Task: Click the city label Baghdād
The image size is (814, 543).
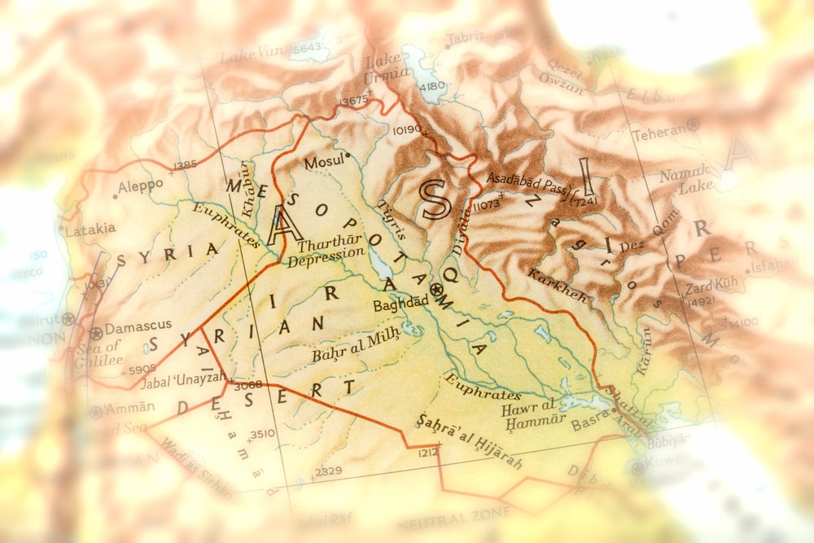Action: pos(400,305)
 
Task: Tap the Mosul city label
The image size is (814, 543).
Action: pos(324,163)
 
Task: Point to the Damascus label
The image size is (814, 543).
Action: pos(138,325)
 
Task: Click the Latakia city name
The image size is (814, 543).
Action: pos(90,230)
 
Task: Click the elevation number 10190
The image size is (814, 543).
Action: pos(407,129)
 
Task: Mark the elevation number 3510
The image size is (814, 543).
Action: pos(262,433)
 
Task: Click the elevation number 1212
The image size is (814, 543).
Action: pos(428,452)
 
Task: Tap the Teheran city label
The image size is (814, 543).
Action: pos(659,132)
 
